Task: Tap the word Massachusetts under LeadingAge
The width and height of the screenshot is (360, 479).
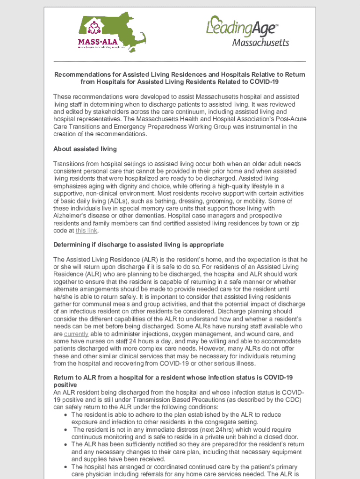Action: (x=260, y=43)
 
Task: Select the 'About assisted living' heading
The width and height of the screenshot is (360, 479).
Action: (x=85, y=149)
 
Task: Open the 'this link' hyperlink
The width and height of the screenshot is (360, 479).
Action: (x=87, y=231)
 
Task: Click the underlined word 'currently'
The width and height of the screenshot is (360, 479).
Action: (x=76, y=334)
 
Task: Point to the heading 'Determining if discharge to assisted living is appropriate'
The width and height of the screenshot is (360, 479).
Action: (x=138, y=245)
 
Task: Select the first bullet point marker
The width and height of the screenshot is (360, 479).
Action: (x=65, y=415)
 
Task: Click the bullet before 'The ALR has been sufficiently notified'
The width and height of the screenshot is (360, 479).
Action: (x=65, y=444)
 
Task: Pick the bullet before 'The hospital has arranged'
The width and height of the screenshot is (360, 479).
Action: (x=65, y=467)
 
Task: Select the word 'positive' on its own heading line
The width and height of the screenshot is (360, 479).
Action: (x=65, y=385)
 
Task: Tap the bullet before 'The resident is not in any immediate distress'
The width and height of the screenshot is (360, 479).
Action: (x=65, y=429)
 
